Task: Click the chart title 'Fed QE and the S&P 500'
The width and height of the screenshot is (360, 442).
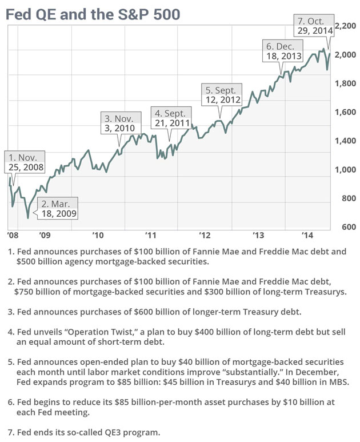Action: (93, 14)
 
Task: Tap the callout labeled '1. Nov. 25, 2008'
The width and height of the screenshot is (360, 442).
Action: (25, 162)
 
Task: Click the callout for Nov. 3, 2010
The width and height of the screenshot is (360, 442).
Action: (121, 123)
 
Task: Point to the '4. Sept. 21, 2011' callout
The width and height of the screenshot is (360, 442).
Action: (171, 118)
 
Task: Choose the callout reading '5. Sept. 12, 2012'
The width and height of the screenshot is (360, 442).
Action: (222, 95)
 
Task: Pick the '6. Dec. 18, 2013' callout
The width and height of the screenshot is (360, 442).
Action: (283, 51)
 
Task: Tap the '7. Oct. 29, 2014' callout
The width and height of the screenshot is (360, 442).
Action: (314, 25)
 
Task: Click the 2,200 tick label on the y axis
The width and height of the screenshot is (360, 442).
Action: (345, 26)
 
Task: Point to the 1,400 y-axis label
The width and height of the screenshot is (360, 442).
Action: (345, 141)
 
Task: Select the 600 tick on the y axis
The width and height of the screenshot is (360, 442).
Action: (349, 227)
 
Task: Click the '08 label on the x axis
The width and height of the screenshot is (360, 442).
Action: (13, 235)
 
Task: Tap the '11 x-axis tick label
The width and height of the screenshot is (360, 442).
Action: (151, 235)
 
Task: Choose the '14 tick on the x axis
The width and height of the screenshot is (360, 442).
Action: (307, 235)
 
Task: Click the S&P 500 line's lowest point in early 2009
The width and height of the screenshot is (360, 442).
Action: (28, 218)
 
